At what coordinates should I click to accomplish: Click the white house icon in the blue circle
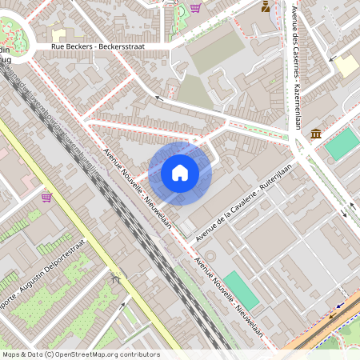180,173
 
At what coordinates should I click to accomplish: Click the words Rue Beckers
69,46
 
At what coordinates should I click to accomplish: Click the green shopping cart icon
195,8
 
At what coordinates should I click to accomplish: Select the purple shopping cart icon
46,197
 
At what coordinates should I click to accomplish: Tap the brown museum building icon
316,133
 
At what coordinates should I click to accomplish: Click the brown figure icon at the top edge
266,6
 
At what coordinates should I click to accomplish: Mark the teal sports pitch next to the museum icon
342,143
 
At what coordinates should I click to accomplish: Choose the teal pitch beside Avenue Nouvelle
241,290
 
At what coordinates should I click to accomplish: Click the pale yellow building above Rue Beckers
58,35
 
